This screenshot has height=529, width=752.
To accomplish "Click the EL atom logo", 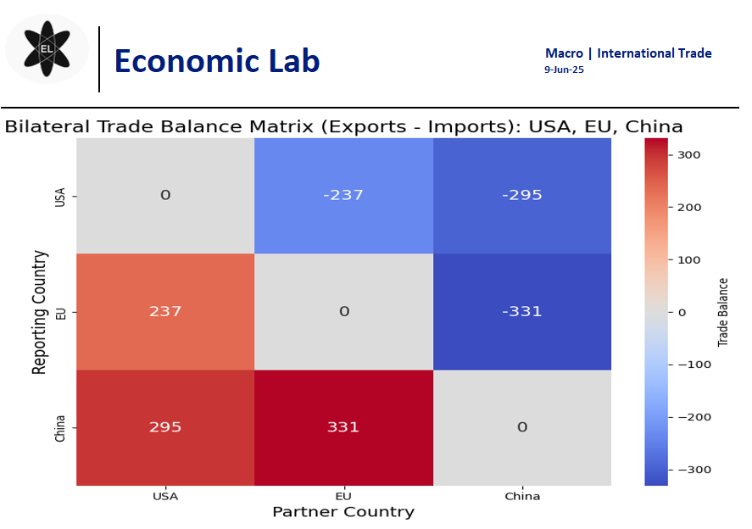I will [x=47, y=49].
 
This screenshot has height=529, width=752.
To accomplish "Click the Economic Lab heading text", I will [x=216, y=61].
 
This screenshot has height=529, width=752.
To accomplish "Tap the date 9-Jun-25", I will [x=564, y=70].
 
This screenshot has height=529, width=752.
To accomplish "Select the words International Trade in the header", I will [x=654, y=53].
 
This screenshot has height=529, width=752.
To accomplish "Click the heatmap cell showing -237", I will [x=343, y=195].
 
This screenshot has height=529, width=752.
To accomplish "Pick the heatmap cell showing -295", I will [x=521, y=195].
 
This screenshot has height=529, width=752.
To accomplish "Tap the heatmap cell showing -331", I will [x=521, y=311].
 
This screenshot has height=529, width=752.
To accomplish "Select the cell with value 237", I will [x=165, y=311].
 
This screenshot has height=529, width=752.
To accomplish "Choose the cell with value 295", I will [x=165, y=427].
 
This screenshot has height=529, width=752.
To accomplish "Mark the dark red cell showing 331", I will [x=343, y=427].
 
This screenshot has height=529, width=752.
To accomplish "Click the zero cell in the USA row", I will [x=165, y=195].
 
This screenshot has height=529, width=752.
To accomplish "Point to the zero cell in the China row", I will [x=521, y=427].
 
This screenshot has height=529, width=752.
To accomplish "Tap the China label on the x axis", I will [x=521, y=496].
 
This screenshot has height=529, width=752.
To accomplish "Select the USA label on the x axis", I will [x=165, y=496].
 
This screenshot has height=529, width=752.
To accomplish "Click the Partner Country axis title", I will [x=343, y=512].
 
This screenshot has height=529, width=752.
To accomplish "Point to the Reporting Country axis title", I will [x=39, y=311].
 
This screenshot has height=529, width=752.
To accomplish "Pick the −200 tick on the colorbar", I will [x=689, y=417].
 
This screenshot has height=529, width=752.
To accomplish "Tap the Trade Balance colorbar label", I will [x=723, y=311].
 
